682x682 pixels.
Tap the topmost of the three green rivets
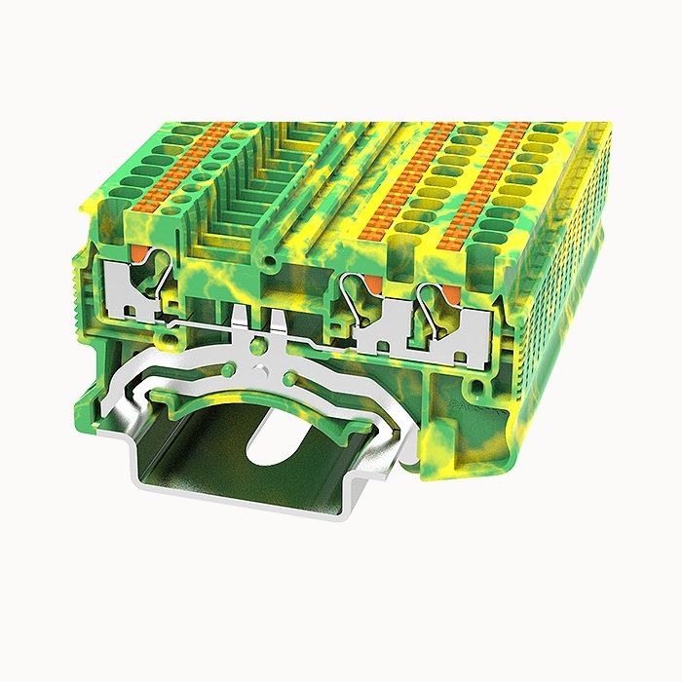point(257,345)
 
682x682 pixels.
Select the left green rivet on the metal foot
point(227,369)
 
